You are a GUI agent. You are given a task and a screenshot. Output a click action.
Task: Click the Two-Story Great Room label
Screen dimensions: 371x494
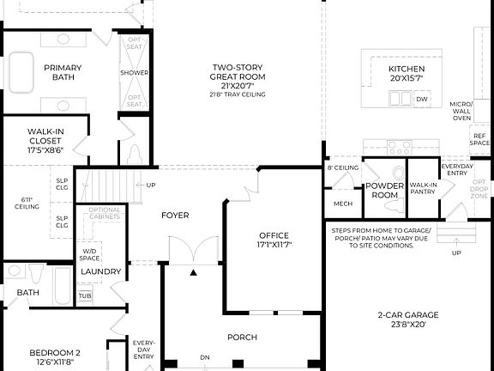[x=237, y=71]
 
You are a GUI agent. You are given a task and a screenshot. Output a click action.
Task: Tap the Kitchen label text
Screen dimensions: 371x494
[x=407, y=69]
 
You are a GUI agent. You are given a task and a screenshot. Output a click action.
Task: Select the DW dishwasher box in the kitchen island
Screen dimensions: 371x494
[x=421, y=100]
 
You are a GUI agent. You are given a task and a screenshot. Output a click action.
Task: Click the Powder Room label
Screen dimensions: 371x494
[x=383, y=190]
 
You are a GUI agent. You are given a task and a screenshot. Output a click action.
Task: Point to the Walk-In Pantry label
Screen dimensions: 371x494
[x=424, y=188]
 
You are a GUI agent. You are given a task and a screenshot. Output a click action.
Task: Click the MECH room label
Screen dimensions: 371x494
[x=343, y=204]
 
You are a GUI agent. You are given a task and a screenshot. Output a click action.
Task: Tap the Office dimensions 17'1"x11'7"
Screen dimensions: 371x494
[x=274, y=246]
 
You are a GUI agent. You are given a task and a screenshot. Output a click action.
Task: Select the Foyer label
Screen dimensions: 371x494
[x=175, y=215]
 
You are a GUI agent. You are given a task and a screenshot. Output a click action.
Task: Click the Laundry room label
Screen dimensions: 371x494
[x=101, y=271]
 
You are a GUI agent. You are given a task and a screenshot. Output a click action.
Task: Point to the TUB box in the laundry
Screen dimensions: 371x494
[x=85, y=295]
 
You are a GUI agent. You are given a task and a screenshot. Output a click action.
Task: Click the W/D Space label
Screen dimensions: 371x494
[x=89, y=254]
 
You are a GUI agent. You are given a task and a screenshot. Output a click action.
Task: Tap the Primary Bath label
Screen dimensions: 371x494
[x=64, y=72]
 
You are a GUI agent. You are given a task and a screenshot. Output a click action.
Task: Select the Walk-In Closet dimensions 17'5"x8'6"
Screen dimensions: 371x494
[x=45, y=149]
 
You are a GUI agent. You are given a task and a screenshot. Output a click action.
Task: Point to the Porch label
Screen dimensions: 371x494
[x=242, y=338]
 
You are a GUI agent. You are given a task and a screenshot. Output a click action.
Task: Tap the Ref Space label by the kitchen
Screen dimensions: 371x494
[x=479, y=139]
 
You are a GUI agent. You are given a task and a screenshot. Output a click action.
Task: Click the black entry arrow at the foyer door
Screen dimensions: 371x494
[x=193, y=272]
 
